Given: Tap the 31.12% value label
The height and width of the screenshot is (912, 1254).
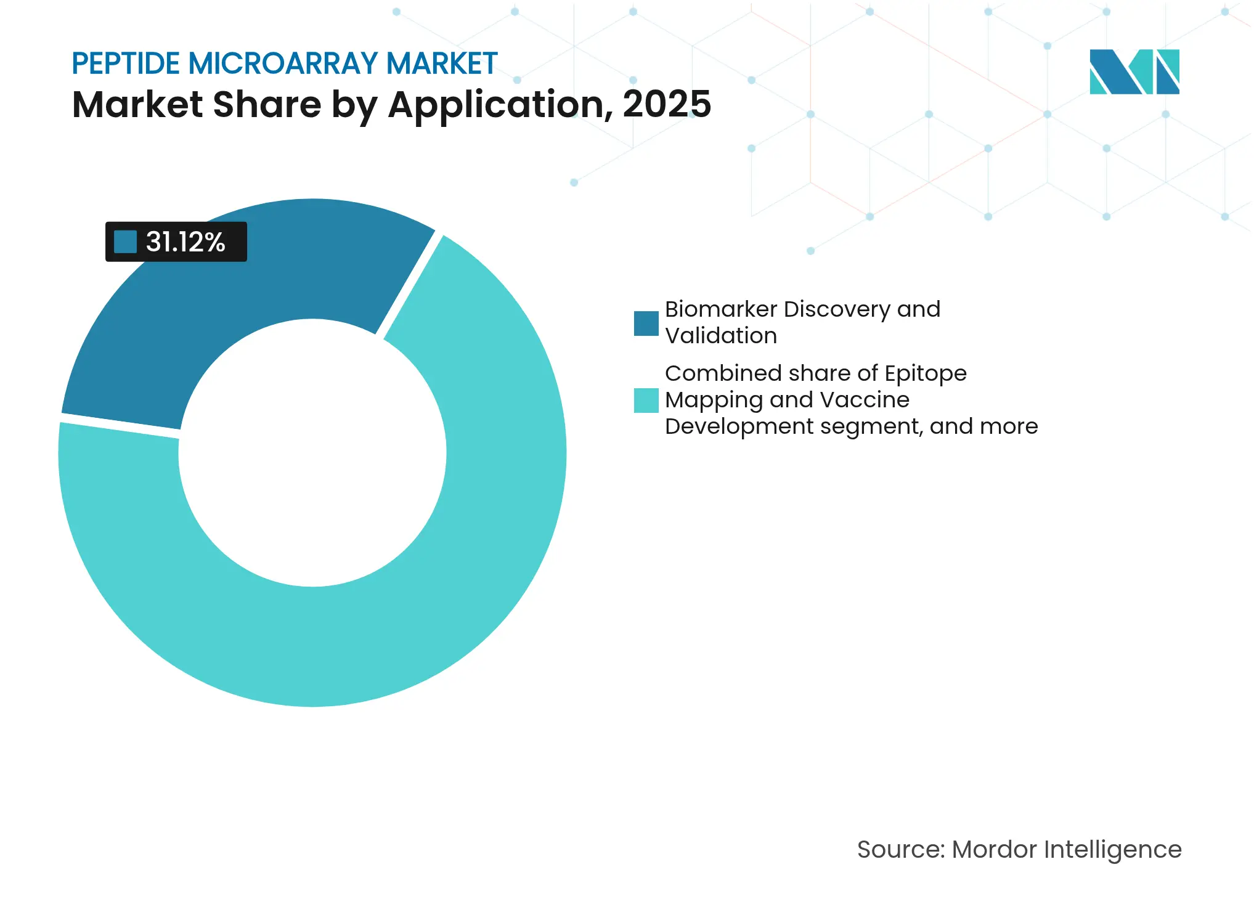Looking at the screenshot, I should point(185,242).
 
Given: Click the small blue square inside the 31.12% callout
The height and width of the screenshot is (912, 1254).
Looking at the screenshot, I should point(125,242).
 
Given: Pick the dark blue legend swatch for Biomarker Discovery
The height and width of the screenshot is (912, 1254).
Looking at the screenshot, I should point(646,324).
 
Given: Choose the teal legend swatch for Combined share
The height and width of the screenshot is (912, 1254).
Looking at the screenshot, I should point(646,400).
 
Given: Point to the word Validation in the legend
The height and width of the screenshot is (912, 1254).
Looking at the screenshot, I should point(721,336).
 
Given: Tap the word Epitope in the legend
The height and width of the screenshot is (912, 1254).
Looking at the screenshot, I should point(926,373).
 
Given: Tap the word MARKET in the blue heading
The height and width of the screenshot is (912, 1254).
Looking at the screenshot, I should point(442,63).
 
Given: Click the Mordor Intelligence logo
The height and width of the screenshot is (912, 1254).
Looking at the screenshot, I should point(1134,71).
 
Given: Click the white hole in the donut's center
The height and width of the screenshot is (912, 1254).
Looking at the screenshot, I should point(312,453).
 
